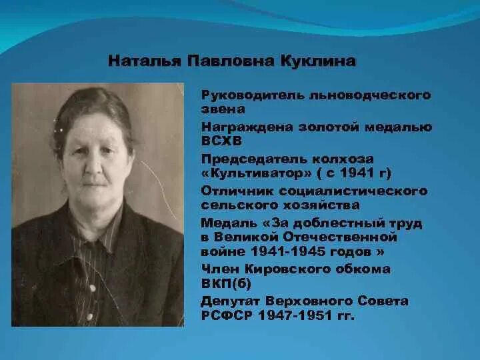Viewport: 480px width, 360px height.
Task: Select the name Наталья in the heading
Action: [136, 62]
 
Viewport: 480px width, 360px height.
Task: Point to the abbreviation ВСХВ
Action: [219, 141]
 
